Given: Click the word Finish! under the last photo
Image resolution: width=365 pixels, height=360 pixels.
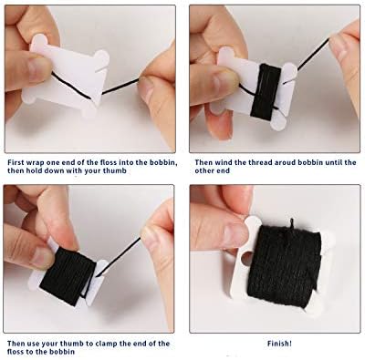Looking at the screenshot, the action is click(x=279, y=344).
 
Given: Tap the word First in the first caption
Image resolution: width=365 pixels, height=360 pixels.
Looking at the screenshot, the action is click(x=16, y=162).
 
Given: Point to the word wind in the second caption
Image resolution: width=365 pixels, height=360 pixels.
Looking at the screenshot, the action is click(x=224, y=162).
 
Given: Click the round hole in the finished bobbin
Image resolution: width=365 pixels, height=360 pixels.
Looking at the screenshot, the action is click(x=246, y=258).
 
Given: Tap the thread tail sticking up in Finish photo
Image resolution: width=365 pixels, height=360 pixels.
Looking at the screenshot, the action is click(x=291, y=223).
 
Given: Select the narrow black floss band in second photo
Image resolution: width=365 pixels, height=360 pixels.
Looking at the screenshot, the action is click(x=266, y=90).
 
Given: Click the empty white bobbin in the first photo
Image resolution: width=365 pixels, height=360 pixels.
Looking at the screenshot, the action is click(x=66, y=76).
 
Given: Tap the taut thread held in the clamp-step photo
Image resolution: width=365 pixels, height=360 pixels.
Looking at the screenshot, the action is click(x=121, y=256).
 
